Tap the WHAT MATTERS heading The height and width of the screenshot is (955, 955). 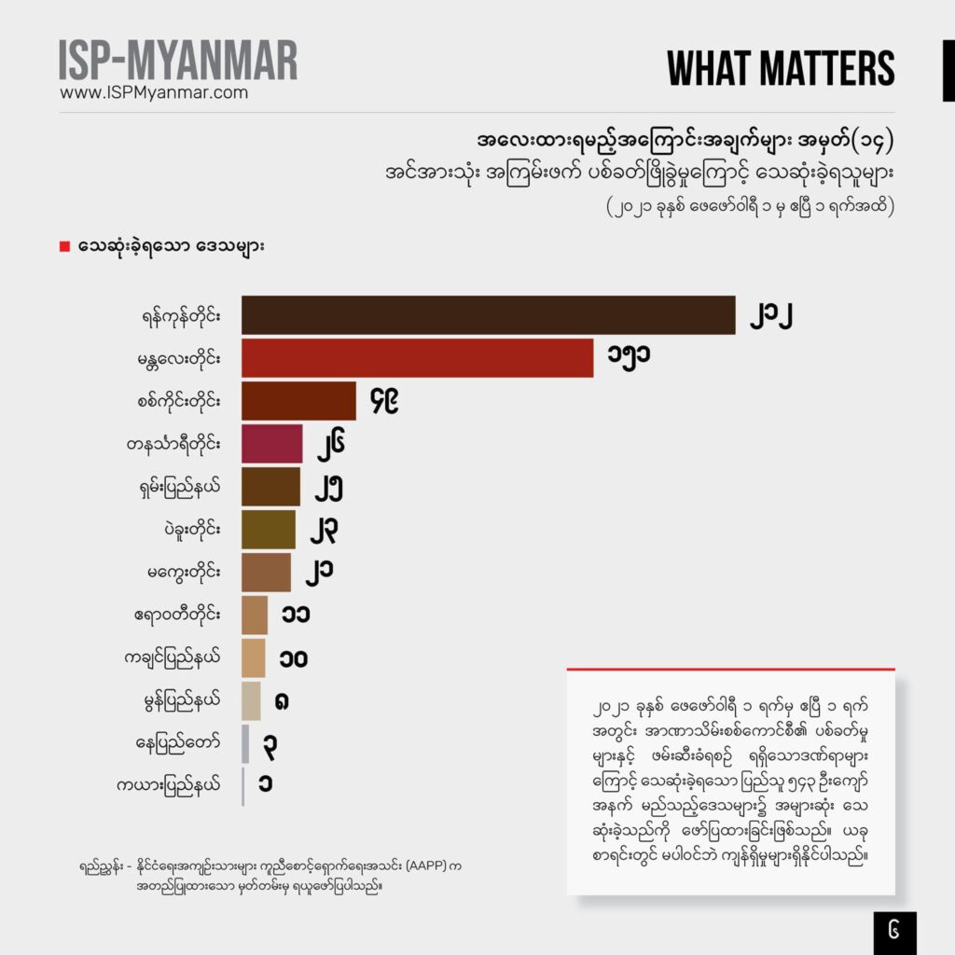click(782, 68)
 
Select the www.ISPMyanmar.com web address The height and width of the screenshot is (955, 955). click(154, 92)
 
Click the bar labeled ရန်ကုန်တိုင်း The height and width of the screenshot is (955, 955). click(488, 315)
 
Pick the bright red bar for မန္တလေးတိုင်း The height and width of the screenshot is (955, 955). click(417, 358)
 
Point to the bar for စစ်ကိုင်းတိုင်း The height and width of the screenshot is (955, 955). click(298, 401)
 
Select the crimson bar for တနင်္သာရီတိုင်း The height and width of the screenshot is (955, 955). click(271, 444)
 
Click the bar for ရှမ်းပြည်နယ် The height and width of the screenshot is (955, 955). click(270, 487)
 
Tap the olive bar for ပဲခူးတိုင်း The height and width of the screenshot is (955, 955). click(268, 530)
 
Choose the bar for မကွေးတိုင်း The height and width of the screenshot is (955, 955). click(266, 573)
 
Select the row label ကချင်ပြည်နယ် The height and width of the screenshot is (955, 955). click(177, 658)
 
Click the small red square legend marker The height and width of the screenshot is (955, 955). click(64, 247)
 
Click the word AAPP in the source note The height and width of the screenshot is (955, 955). click(422, 866)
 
